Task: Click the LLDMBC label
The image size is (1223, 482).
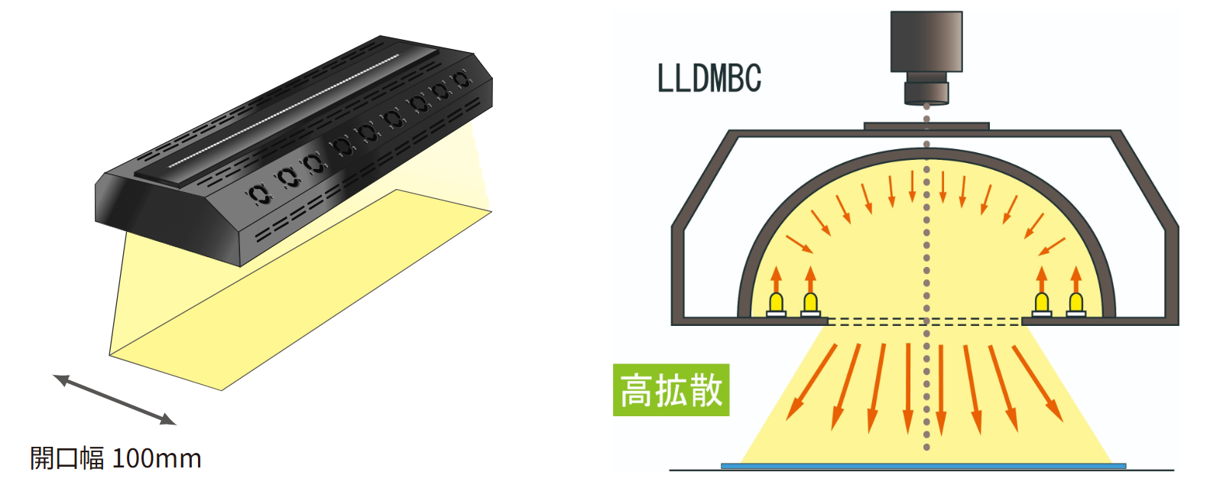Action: pyautogui.click(x=709, y=78)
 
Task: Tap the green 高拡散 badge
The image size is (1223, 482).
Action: pyautogui.click(x=670, y=390)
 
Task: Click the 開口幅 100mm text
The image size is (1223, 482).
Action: pyautogui.click(x=115, y=458)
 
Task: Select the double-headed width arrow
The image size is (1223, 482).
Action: pyautogui.click(x=114, y=399)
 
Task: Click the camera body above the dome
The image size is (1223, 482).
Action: pyautogui.click(x=926, y=42)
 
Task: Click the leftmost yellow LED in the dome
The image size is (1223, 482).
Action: pyautogui.click(x=776, y=303)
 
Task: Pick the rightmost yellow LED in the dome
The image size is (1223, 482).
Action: pyautogui.click(x=1075, y=303)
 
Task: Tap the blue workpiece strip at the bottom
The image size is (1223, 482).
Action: pyautogui.click(x=923, y=465)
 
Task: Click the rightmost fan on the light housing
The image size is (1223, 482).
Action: pyautogui.click(x=460, y=79)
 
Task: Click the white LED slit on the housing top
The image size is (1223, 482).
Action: pyautogui.click(x=283, y=111)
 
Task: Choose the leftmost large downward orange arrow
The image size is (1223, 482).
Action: pyautogui.click(x=811, y=382)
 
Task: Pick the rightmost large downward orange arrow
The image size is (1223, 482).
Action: pyautogui.click(x=1037, y=382)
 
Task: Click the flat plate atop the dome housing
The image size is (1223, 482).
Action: pyautogui.click(x=926, y=126)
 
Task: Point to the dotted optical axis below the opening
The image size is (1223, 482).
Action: pyautogui.click(x=926, y=398)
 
